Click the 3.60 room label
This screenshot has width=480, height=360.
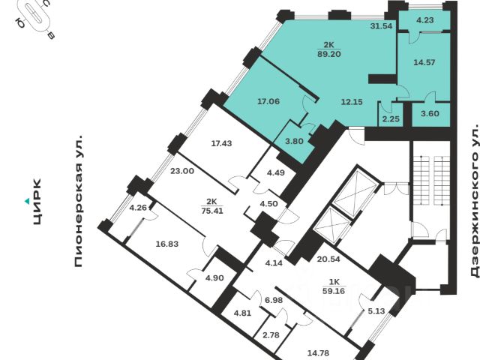tap(430, 114)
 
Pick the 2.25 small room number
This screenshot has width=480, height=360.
tap(391, 118)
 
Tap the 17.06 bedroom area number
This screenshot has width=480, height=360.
tap(268, 101)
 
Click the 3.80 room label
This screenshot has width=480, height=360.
tap(295, 141)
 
